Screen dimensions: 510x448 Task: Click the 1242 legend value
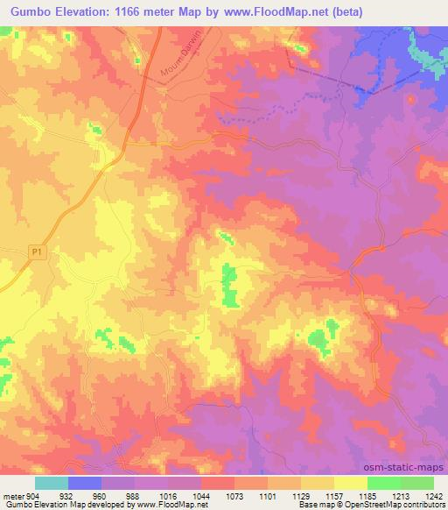coord(423,495)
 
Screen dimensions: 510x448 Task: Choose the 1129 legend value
coord(285,495)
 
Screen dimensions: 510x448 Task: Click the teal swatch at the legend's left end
coord(52,483)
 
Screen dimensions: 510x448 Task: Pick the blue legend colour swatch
coord(85,483)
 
